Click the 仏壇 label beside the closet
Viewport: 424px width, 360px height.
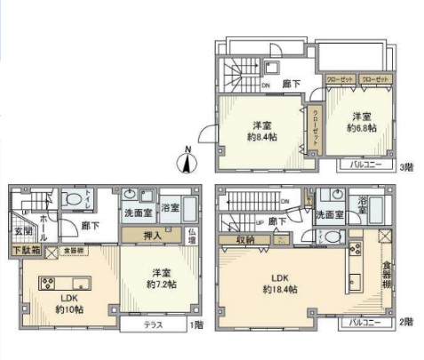coord(191,236)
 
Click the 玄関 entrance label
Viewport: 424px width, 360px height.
coord(23,232)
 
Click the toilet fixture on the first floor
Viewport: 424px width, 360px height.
coord(75,200)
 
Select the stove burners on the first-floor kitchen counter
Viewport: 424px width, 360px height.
coord(44,284)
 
